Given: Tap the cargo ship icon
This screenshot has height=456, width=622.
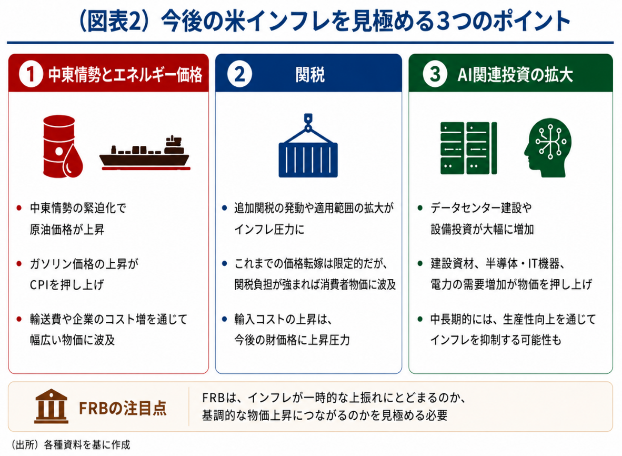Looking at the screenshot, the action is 145,153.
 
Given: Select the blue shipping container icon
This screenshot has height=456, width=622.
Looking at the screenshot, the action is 308,146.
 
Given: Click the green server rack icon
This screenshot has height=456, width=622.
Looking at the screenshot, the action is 468,148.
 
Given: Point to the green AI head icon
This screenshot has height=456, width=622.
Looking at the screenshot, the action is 548,147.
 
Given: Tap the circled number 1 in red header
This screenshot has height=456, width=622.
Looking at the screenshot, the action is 31,74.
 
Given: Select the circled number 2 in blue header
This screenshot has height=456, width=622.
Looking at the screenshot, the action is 239,74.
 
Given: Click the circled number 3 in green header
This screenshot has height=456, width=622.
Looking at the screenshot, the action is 435,74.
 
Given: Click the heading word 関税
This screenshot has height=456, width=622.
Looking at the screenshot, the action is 310,75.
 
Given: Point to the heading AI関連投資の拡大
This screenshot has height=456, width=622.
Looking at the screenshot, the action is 515,75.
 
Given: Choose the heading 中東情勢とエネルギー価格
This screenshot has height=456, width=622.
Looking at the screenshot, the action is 125,75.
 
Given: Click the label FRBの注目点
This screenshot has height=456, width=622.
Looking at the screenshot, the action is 123,408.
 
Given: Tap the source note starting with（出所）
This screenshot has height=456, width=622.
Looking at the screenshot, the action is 70,445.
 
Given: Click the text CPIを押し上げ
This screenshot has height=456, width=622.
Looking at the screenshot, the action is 67,284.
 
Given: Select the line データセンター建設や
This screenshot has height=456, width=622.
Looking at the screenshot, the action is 481,207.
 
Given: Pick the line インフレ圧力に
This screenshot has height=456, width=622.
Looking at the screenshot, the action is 269,229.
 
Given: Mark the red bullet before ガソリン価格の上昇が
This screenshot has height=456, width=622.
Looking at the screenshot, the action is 18,263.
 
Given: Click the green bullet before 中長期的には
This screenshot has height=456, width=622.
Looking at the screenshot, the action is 420,319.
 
